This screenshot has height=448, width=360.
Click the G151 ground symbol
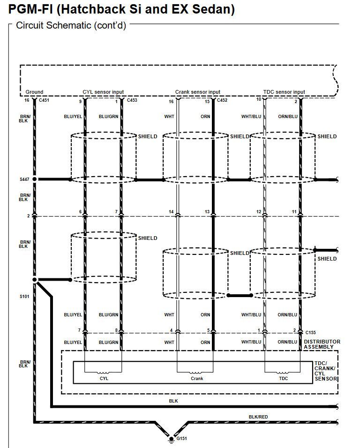171,440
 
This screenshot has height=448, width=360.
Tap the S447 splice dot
35,179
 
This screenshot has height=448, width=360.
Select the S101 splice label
24,296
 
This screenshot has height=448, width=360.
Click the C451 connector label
44,100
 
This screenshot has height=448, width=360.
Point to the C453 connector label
132,100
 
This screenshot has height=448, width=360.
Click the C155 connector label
311,332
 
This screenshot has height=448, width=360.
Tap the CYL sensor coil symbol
103,372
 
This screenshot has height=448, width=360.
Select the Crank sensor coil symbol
195,372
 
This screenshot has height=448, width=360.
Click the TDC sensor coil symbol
282,372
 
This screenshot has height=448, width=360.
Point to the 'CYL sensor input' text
103,92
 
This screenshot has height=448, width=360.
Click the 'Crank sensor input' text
198,92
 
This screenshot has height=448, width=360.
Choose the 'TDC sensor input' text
284,92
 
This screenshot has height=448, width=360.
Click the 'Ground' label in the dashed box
34,92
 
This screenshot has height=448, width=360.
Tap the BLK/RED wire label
258,417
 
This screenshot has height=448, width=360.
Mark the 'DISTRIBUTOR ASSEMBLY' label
322,344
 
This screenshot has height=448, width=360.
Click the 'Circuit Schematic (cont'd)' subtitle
71,25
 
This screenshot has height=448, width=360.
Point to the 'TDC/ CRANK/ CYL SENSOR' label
326,371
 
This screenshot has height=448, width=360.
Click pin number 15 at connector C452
207,101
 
